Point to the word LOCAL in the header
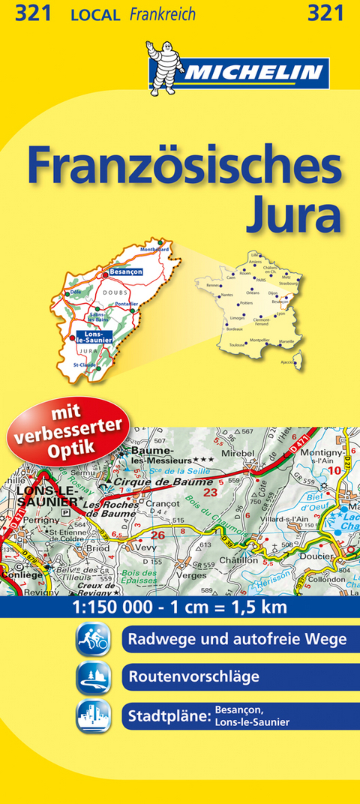94,14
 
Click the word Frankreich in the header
162,14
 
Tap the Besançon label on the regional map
124,272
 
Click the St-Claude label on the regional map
84,364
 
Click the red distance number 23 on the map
210,493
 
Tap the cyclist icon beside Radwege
93,640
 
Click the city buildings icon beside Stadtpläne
93,715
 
